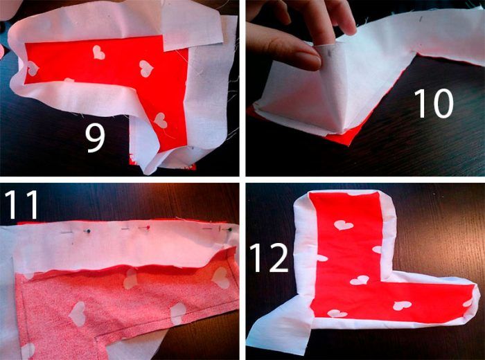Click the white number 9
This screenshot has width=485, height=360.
click(x=96, y=138)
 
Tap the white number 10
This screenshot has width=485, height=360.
click(x=433, y=103)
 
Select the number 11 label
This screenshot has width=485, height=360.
click(x=21, y=204)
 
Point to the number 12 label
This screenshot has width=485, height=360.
click(x=269, y=258)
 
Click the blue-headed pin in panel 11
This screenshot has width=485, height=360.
click(x=89, y=231)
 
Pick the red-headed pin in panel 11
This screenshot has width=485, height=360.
click(x=148, y=228)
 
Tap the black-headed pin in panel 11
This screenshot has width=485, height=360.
click(x=230, y=229)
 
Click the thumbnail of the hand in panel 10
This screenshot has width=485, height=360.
click(x=307, y=60)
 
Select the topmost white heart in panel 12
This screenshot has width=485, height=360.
click(x=343, y=225)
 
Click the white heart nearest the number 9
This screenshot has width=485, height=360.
click(x=161, y=120)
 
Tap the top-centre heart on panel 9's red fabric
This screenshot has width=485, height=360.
click(x=98, y=53)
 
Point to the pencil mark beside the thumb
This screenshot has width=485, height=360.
click(x=329, y=54)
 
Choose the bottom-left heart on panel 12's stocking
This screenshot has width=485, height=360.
click(x=337, y=314)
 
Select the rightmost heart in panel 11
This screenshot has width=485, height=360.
click(x=220, y=278)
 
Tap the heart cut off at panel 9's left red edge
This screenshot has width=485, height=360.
click(x=33, y=69)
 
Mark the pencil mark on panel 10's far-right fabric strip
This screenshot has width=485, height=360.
click(x=421, y=19)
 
